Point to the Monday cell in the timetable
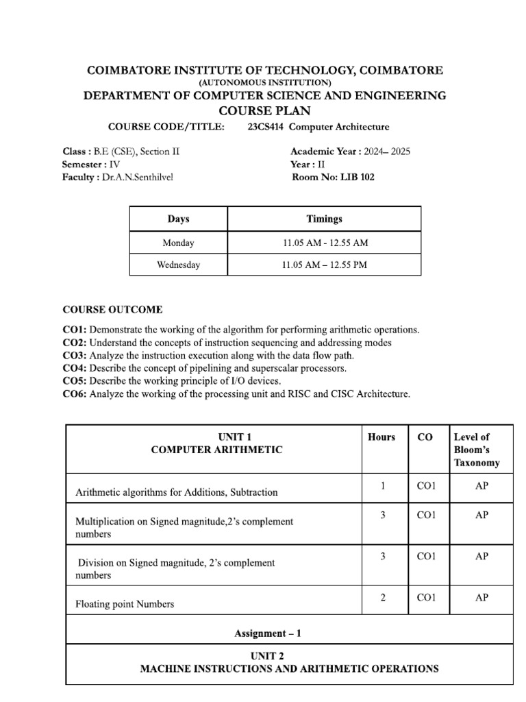click(178, 243)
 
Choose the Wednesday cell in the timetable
click(178, 265)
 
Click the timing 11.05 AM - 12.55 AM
click(325, 243)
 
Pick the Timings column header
click(325, 219)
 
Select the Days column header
click(178, 219)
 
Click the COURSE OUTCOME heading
click(112, 310)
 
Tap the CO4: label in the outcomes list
click(75, 368)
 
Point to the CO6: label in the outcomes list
click(75, 394)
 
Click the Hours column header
click(381, 437)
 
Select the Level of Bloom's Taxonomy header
click(477, 450)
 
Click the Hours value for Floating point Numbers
click(382, 598)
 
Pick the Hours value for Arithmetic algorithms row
click(382, 486)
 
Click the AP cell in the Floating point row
click(481, 598)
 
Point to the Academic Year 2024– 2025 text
click(350, 152)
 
